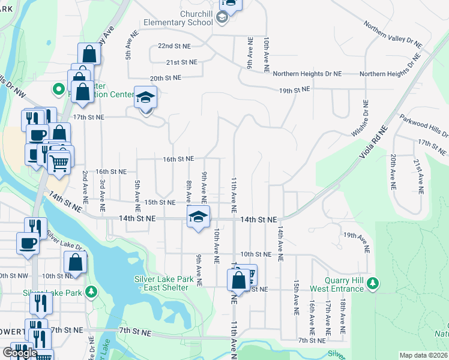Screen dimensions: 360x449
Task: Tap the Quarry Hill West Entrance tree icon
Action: click(373, 283)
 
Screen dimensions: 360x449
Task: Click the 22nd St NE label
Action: click(174, 46)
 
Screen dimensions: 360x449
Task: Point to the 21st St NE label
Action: click(182, 62)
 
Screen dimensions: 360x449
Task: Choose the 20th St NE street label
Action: click(165, 78)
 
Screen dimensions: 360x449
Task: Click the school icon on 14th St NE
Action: click(199, 217)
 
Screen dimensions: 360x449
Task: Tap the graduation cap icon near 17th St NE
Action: click(145, 98)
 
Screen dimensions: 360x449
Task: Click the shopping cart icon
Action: click(58, 162)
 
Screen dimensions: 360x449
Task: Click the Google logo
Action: click(20, 352)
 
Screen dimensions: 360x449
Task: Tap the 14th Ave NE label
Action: click(280, 243)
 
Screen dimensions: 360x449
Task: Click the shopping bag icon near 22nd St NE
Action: click(89, 54)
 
